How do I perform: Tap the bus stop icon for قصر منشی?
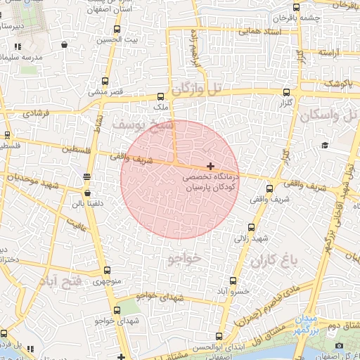click(105, 81)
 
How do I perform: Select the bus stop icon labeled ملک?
click(161, 97)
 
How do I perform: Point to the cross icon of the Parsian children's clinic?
click(210, 165)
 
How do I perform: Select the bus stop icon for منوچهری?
click(107, 270)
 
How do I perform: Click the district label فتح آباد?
click(62, 281)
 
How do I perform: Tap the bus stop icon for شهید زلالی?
click(251, 227)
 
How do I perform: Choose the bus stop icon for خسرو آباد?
click(224, 280)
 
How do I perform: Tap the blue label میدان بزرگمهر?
click(310, 324)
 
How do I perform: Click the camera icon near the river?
click(340, 345)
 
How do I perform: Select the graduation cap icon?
click(325, 145)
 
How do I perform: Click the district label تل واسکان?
click(328, 115)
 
